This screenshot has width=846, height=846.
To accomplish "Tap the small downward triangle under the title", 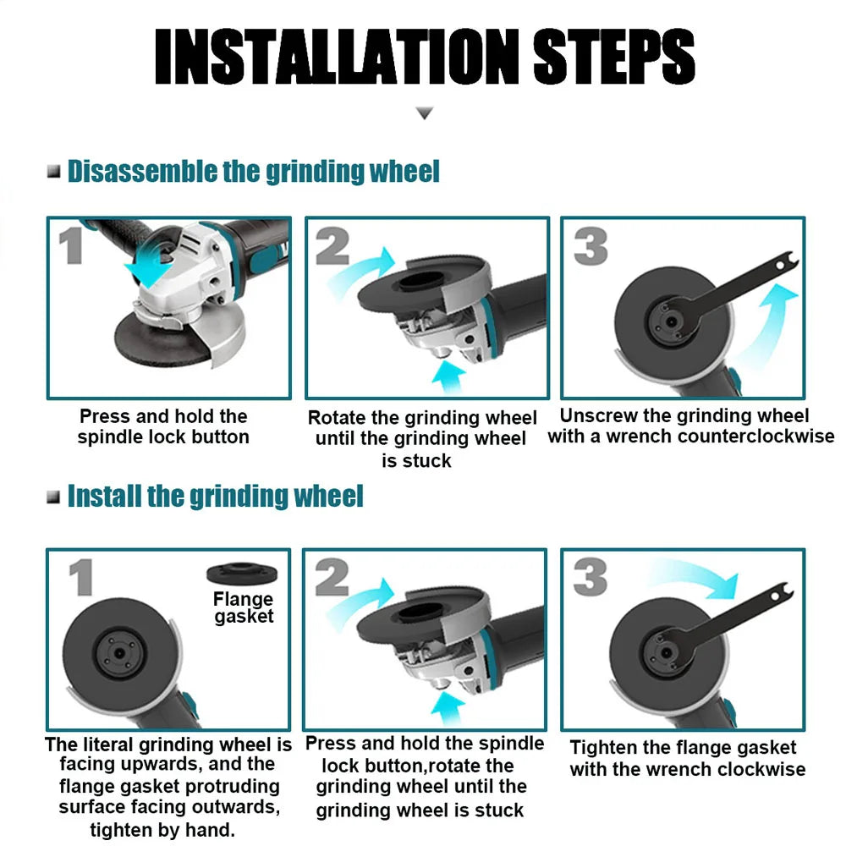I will click(x=425, y=113).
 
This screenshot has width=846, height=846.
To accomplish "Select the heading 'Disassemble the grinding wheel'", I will click(x=254, y=171).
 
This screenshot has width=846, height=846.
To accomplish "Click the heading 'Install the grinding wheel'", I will click(x=216, y=496).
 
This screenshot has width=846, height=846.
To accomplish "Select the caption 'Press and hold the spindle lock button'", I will click(x=163, y=426).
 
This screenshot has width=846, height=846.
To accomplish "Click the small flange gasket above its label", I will click(x=243, y=574).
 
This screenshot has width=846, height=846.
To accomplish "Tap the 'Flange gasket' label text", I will click(x=244, y=607).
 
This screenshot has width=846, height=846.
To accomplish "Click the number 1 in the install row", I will click(x=81, y=580).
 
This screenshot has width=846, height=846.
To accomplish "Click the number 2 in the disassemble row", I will click(x=332, y=247).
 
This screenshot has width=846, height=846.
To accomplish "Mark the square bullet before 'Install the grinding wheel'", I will click(x=54, y=497).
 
